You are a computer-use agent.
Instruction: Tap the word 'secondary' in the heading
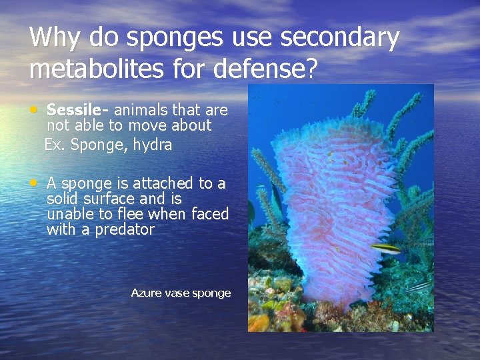point(339,39)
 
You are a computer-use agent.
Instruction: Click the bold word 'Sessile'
point(71,110)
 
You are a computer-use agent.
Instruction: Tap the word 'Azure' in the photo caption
point(145,293)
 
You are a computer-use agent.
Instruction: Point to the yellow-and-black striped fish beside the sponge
point(386,248)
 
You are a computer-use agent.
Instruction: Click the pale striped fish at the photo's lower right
point(420,286)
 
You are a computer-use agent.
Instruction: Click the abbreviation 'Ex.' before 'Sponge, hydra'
point(55,144)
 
